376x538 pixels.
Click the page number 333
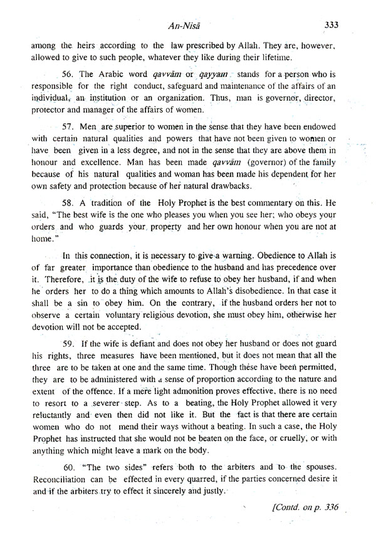point(332,25)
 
